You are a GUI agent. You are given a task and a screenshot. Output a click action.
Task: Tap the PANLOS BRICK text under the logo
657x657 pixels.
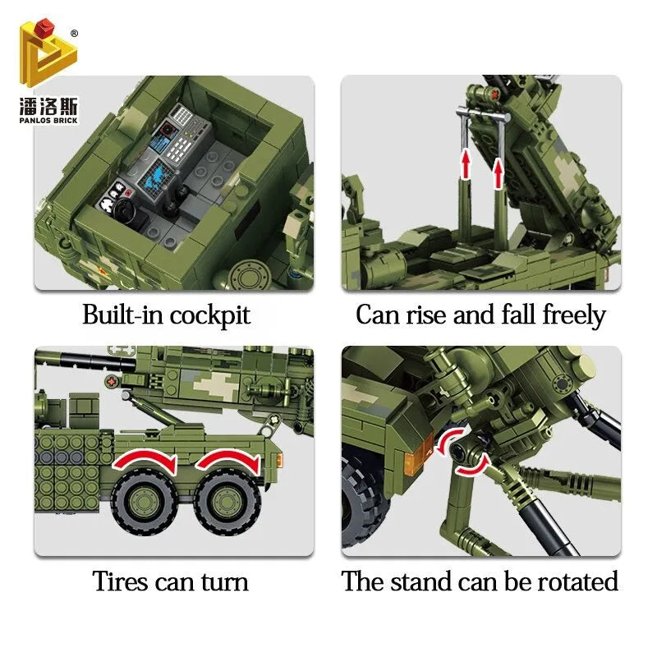coord(48,121)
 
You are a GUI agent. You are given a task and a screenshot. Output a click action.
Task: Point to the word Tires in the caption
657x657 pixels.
coord(120,581)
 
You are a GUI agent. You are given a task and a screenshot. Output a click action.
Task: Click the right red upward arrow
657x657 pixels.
coord(498,173)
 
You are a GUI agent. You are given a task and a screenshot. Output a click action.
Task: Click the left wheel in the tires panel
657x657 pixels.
coord(144,502)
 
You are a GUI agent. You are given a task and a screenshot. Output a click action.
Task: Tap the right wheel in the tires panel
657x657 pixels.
coord(227,503)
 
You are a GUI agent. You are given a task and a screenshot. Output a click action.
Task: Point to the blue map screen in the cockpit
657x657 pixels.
coord(158,176)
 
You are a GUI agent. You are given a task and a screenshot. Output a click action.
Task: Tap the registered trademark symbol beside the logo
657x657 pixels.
coord(74,34)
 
